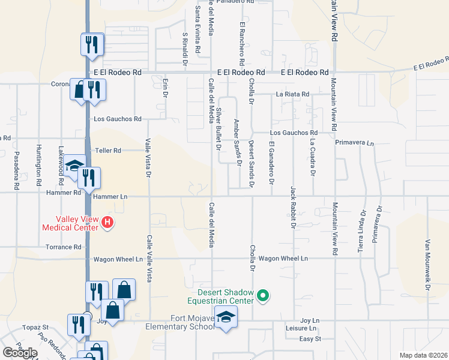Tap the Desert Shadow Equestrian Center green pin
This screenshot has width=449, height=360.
262,295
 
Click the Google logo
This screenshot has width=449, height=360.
20,353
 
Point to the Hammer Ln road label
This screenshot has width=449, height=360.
110,196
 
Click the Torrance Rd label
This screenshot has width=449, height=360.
63,247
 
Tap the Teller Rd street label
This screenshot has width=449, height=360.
109,151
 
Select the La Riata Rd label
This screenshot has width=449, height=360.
292,94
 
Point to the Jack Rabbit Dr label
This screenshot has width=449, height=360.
294,207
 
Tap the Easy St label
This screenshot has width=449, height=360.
311,339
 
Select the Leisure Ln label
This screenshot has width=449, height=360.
301,328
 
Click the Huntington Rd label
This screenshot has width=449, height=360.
39,165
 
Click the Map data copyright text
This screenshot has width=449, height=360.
424,355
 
